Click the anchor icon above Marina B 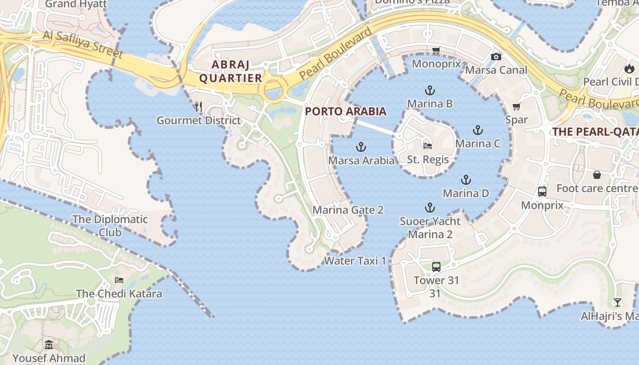(429, 90)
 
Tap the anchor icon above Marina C (478, 130)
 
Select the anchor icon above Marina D (466, 179)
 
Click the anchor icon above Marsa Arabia (361, 147)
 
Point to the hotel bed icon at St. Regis (428, 146)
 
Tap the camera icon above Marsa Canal (496, 57)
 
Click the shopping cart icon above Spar (516, 106)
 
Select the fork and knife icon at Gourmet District (198, 107)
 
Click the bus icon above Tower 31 (436, 266)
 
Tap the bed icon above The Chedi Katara (119, 280)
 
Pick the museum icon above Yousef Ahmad (49, 344)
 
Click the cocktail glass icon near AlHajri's (617, 302)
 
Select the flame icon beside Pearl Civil (629, 68)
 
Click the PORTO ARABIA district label (346, 111)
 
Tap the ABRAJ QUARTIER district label (230, 71)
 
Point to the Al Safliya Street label (83, 45)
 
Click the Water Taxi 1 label (355, 261)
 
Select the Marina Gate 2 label (348, 210)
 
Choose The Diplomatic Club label (110, 225)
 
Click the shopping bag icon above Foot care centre (597, 175)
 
